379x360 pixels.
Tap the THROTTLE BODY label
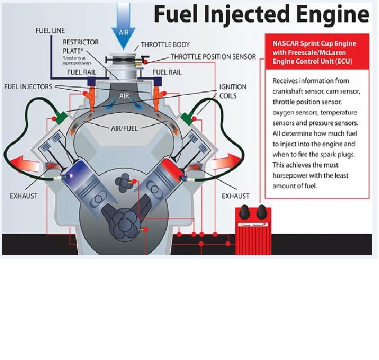(163, 45)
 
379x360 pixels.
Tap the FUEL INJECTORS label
(30, 86)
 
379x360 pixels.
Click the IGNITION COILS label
(233, 91)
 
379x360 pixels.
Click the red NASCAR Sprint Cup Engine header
(317, 52)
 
